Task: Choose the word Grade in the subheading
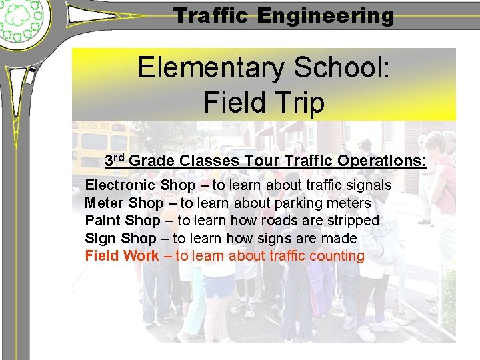point(152,161)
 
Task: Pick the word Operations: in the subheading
point(381,161)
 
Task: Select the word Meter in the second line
point(104,203)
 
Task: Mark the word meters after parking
point(346,203)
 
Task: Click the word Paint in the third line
point(103,221)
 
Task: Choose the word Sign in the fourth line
point(101,239)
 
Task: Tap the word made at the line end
point(341,239)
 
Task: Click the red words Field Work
point(122,256)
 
